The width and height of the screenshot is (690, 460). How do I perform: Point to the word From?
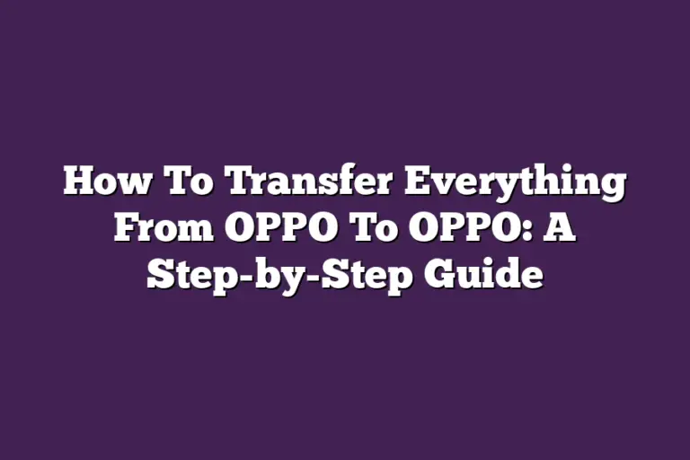click(x=162, y=228)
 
